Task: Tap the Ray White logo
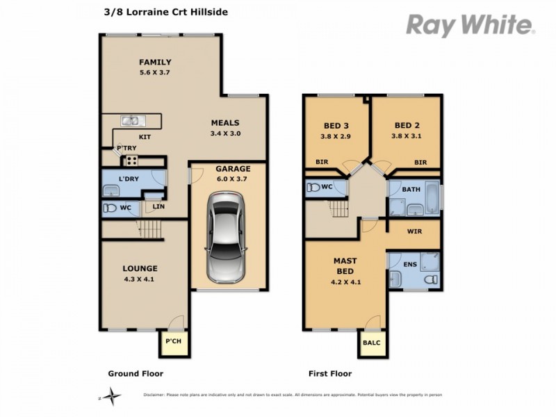[470, 26]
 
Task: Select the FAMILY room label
[154, 62]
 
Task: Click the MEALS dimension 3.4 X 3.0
[225, 133]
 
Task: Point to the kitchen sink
[131, 121]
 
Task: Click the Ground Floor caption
[136, 374]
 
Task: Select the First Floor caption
[329, 374]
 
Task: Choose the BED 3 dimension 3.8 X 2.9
[336, 136]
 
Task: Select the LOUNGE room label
[141, 268]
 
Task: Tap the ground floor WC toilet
[110, 208]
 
